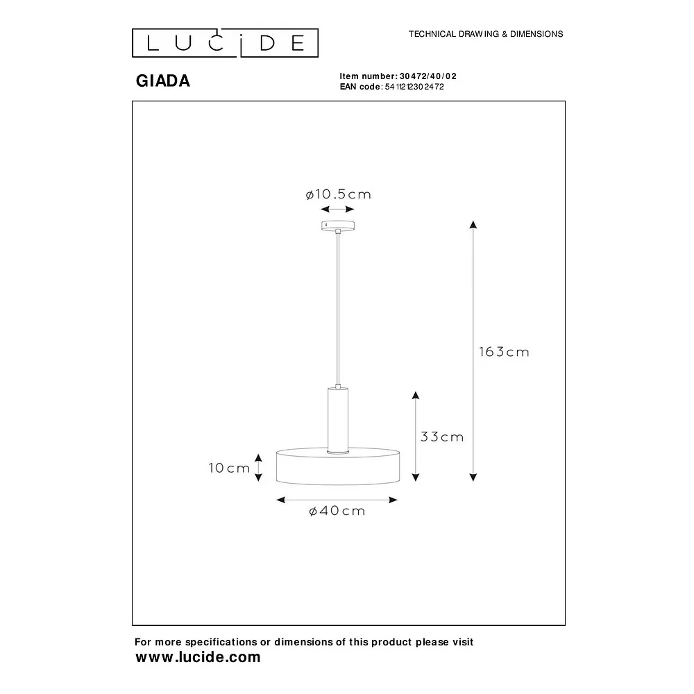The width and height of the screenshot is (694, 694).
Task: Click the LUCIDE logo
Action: tap(225, 43)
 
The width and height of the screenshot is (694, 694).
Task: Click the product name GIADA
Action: tap(163, 81)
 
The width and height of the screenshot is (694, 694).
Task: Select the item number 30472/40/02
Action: tap(428, 76)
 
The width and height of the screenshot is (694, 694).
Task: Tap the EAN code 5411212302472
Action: tap(414, 87)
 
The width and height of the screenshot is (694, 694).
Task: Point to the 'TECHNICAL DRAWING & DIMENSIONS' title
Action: tap(486, 34)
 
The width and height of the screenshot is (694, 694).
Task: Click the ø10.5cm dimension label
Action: tap(338, 194)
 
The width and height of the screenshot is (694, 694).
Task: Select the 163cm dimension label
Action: tap(504, 352)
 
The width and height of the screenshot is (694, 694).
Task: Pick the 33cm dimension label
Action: tap(442, 437)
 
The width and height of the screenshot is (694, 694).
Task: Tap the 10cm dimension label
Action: tap(229, 468)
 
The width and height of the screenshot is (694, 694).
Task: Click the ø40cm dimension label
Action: tap(337, 511)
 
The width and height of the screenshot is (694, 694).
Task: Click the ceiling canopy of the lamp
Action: tap(338, 226)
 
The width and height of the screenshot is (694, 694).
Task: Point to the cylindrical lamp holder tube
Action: tap(338, 420)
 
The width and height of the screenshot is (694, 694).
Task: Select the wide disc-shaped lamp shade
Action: tap(338, 466)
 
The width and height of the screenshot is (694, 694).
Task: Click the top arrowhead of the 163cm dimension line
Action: tap(473, 224)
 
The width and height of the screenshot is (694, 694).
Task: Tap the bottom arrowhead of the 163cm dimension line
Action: tap(473, 477)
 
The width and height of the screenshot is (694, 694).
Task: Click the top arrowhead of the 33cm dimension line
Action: tap(415, 396)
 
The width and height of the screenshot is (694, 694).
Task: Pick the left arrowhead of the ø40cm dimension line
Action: tap(280, 500)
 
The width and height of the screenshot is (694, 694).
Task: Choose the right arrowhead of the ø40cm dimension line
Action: tap(393, 500)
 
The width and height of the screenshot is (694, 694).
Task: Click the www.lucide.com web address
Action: tap(198, 657)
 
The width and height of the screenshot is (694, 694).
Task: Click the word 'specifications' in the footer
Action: tap(221, 642)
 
